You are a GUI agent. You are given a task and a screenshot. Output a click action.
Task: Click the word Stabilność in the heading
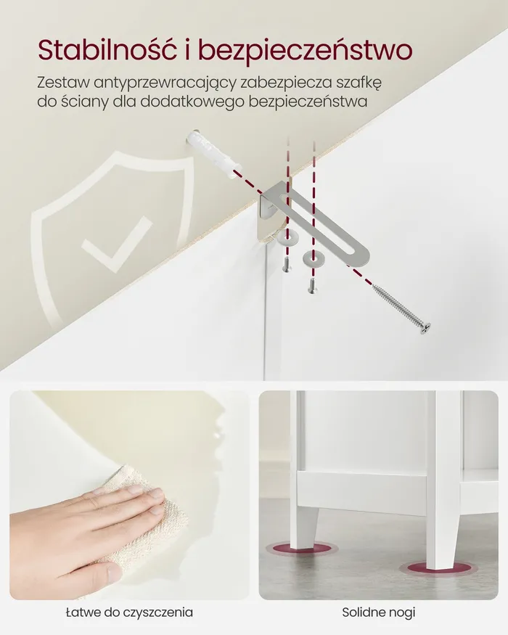click(107, 50)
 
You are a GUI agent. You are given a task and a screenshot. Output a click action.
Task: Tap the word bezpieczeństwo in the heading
click(306, 51)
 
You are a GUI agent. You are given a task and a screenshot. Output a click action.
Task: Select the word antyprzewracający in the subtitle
click(165, 83)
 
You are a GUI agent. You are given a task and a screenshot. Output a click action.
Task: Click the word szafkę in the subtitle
click(359, 82)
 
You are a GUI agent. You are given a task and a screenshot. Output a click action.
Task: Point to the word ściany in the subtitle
click(85, 102)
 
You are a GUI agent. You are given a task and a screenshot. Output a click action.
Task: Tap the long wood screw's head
click(425, 329)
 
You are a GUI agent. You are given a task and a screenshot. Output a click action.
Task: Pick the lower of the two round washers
click(311, 258)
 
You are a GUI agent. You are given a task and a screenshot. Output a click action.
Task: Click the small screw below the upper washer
click(287, 265)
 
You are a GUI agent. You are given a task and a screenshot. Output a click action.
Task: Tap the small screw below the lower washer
click(311, 285)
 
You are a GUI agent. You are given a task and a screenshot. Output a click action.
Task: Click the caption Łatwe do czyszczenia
click(129, 612)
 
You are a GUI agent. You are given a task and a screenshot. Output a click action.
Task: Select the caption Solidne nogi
click(378, 612)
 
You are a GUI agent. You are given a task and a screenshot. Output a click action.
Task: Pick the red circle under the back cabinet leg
click(302, 549)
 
